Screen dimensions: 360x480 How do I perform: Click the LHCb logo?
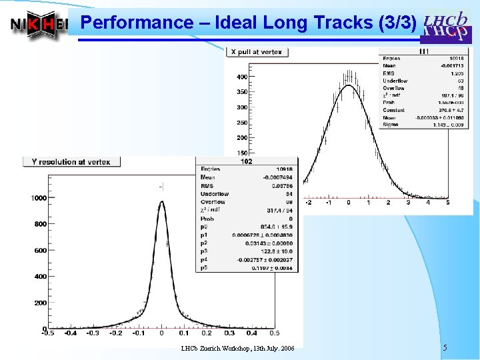point(445,25)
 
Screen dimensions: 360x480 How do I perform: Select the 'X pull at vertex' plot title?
point(257,51)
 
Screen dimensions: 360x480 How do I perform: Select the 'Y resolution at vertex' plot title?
point(71,161)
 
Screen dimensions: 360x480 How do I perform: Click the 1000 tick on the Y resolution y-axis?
point(37,198)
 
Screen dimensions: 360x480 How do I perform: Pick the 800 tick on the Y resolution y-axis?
point(40,225)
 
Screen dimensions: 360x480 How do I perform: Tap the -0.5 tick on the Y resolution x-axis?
point(47,333)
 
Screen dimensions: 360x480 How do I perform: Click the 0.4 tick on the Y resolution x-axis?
point(252,333)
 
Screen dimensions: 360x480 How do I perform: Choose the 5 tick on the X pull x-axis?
point(447,203)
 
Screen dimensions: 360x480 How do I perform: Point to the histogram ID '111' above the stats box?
point(423,51)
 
